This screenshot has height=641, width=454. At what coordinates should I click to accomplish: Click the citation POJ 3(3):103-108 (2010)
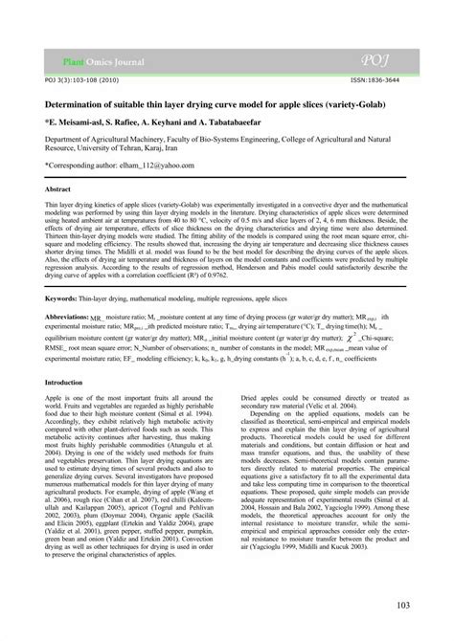pyautogui.click(x=71, y=79)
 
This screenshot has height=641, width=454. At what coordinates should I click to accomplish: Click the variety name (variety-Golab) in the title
pyautogui.click(x=370, y=106)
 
